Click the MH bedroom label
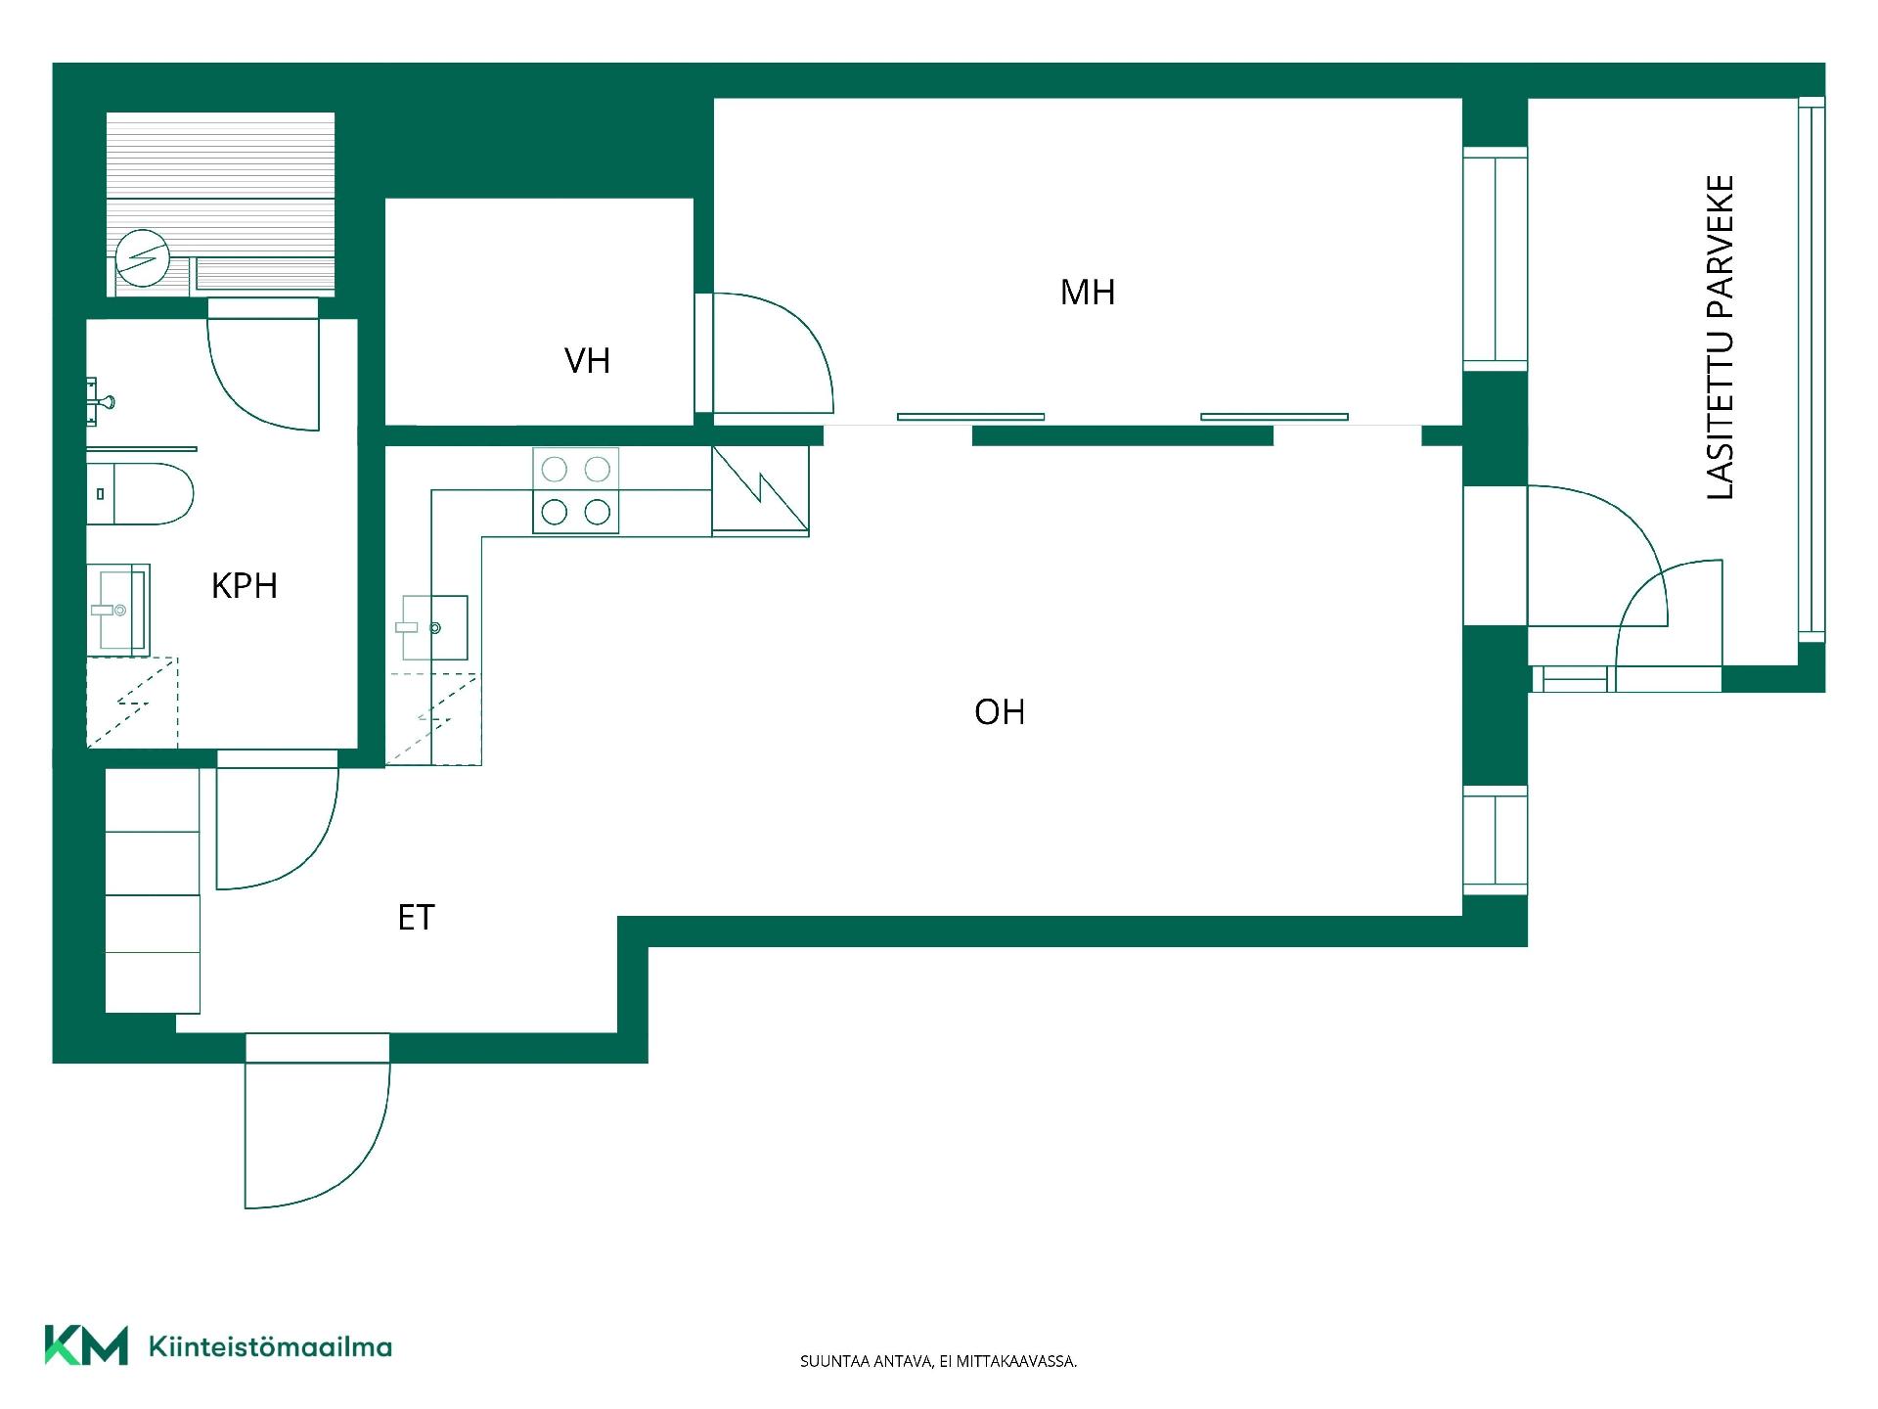[1088, 292]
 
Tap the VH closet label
[587, 361]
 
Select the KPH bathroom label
[245, 585]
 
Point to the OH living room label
[1000, 711]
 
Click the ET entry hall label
[416, 917]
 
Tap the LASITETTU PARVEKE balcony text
[1720, 338]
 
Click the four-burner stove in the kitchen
[576, 490]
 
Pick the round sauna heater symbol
[143, 257]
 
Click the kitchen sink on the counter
[432, 627]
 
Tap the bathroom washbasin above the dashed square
[118, 609]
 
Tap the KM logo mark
[86, 1344]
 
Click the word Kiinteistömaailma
[270, 1346]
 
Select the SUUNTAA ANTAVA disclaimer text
[938, 1361]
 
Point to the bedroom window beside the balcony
[1495, 259]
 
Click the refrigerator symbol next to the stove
[760, 491]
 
